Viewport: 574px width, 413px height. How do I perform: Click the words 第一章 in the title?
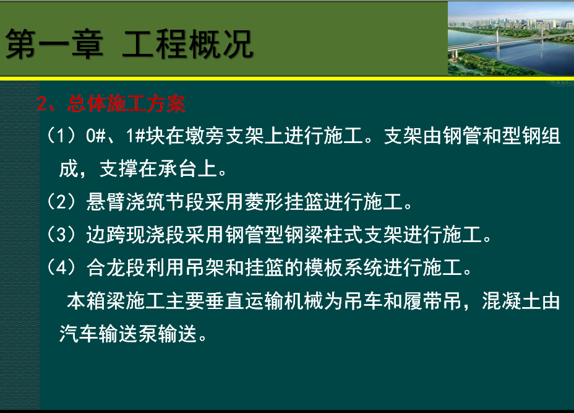[x=54, y=44]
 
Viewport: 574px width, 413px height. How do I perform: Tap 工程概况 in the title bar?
[x=187, y=44]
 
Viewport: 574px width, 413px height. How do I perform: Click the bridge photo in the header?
[x=511, y=39]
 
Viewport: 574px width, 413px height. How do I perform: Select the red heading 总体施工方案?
[x=126, y=103]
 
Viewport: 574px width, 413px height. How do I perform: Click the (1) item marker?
[x=61, y=136]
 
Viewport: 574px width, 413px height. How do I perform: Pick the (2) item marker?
[x=61, y=202]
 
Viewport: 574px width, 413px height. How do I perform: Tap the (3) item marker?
[x=61, y=235]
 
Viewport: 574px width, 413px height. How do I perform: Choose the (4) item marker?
[x=61, y=267]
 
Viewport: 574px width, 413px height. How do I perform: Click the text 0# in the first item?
[x=96, y=136]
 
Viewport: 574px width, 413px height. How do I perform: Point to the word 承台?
[x=178, y=168]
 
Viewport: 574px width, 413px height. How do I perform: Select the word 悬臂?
[x=106, y=202]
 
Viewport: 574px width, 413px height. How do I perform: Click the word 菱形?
[x=264, y=202]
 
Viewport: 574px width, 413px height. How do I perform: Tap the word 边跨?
[x=106, y=235]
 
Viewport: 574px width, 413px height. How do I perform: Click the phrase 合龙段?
[x=116, y=267]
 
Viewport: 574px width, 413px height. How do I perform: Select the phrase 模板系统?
[x=344, y=267]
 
